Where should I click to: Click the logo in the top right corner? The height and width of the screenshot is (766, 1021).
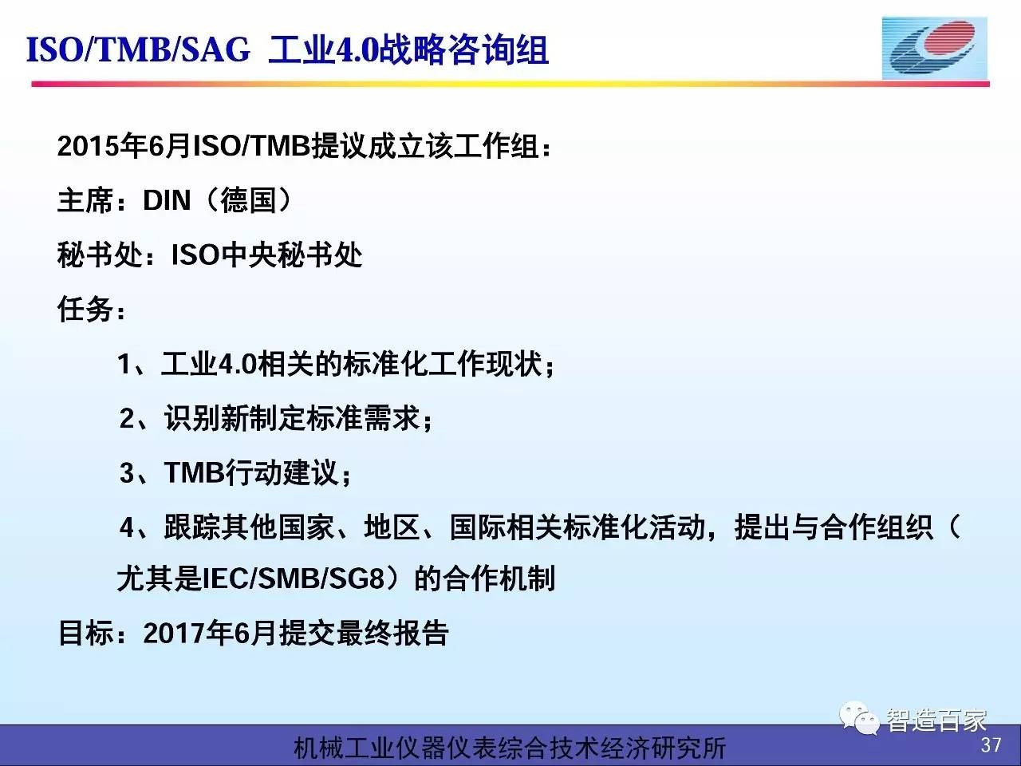(x=935, y=49)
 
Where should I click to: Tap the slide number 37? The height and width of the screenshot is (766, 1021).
(x=991, y=745)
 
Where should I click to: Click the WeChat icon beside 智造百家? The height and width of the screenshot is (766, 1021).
(x=859, y=718)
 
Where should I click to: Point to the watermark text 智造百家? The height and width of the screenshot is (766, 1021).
(x=936, y=720)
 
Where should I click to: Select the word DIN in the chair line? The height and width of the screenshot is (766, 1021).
(x=167, y=200)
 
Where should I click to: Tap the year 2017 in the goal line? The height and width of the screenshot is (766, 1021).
(x=174, y=633)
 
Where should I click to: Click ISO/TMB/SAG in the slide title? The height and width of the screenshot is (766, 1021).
(x=138, y=49)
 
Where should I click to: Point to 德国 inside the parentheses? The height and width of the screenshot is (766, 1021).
(x=248, y=200)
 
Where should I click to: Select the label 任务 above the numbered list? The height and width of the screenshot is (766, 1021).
(x=85, y=309)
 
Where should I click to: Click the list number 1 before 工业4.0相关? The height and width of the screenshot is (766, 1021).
(x=124, y=363)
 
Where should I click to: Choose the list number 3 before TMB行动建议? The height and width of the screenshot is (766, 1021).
(x=127, y=472)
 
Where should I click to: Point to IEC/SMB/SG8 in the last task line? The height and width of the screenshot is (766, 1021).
(x=294, y=579)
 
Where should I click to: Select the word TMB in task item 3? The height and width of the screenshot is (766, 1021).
(x=195, y=472)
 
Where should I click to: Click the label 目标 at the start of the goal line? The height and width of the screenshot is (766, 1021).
(x=86, y=633)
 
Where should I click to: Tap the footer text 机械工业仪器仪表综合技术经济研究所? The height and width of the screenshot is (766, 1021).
(x=510, y=748)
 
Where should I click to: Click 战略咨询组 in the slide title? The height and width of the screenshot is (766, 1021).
(x=463, y=49)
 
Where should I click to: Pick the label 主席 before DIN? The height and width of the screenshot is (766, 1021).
(x=85, y=200)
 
